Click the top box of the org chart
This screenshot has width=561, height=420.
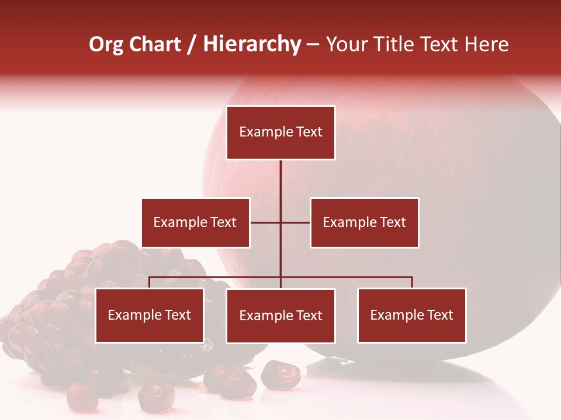tap(280, 132)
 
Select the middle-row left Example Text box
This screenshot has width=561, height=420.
tap(195, 222)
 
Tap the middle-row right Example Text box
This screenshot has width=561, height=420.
tap(364, 222)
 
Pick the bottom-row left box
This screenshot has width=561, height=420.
tap(150, 315)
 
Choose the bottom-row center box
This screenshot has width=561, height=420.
tap(280, 316)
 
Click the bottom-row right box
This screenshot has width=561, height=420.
tap(411, 315)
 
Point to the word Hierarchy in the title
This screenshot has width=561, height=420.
tap(252, 45)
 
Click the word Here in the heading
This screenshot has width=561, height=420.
tap(486, 44)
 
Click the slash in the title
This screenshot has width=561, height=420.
tap(192, 45)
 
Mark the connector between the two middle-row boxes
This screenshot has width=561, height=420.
tap(280, 222)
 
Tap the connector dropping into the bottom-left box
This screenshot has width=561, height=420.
tap(150, 282)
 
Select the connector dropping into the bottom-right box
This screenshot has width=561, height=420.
tap(412, 282)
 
